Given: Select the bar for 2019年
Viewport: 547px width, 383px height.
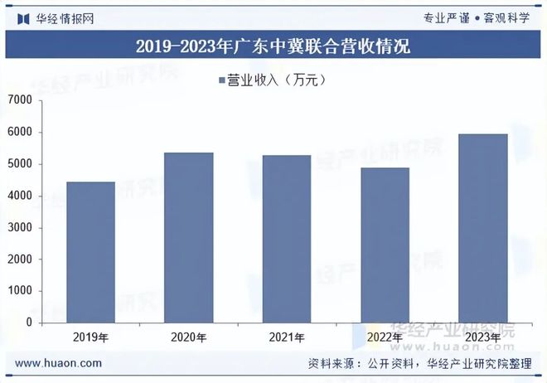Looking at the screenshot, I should point(91,252).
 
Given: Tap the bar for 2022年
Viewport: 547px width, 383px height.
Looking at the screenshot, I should point(385,245).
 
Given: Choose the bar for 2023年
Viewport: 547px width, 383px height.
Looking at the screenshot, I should point(483,228).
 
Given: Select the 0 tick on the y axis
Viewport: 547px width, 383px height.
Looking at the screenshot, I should point(28,322).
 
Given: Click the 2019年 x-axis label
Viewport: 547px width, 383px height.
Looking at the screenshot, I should point(91,337).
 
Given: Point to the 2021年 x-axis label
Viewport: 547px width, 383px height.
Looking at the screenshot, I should point(287,337).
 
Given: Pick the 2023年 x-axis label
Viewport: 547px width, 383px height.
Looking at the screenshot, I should point(483,337).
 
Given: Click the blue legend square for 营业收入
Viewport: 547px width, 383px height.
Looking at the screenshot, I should point(222,80).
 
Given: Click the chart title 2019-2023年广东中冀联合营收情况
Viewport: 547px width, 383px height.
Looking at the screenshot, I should point(273,46).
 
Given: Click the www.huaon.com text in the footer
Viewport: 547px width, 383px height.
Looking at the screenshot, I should point(59,363).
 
